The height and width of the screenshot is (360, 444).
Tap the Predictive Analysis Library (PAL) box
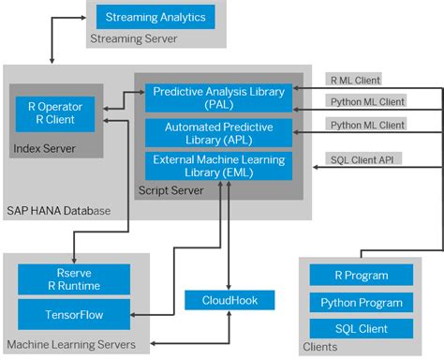[218, 97]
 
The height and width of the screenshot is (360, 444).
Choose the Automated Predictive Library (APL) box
[218, 132]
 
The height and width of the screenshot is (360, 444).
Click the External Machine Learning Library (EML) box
[218, 166]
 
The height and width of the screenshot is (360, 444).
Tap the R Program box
[362, 277]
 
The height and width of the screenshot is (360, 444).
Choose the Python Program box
[362, 304]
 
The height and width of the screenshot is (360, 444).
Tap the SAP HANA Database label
[58, 211]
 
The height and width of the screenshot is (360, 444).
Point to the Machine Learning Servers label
[71, 345]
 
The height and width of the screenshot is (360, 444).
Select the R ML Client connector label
[353, 80]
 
